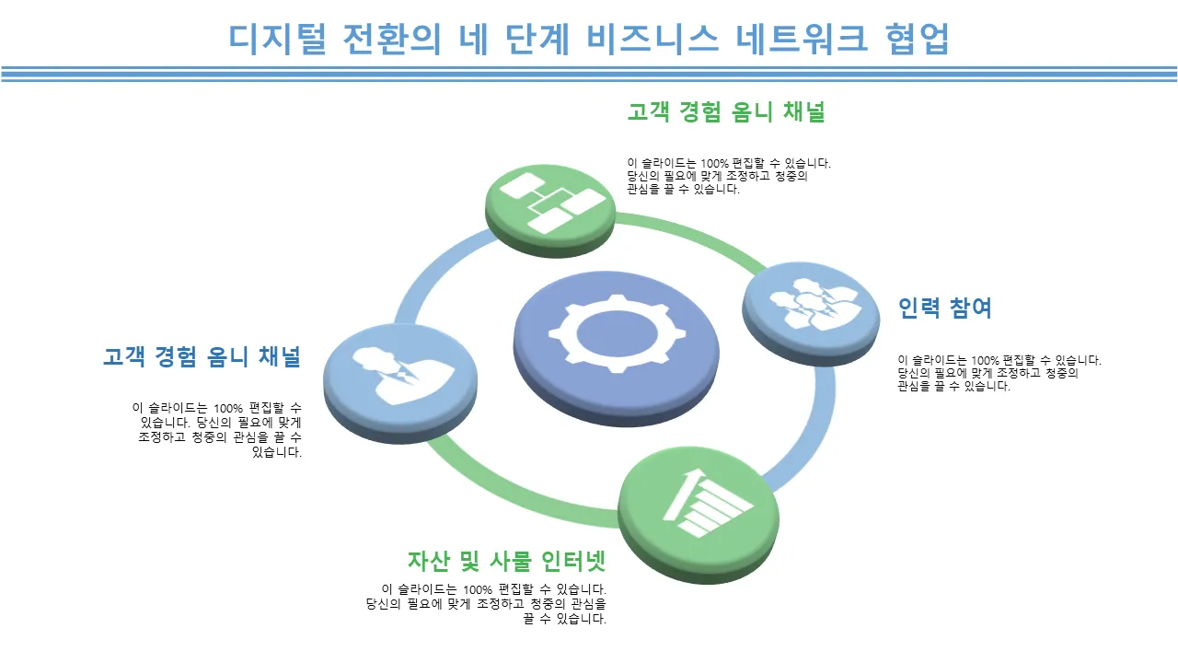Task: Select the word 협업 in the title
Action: [916, 39]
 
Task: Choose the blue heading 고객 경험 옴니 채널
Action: [202, 356]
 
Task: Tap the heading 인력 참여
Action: [944, 308]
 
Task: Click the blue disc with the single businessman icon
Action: [399, 372]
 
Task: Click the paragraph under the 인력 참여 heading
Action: [999, 373]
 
